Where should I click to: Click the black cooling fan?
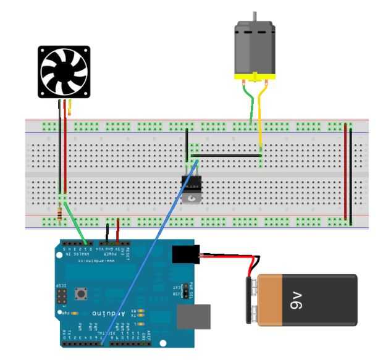coord(64,72)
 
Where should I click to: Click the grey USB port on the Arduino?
coord(193,316)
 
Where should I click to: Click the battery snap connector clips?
coord(253,299)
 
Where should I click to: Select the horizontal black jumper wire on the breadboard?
coord(229,156)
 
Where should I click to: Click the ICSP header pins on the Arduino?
coord(61,297)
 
